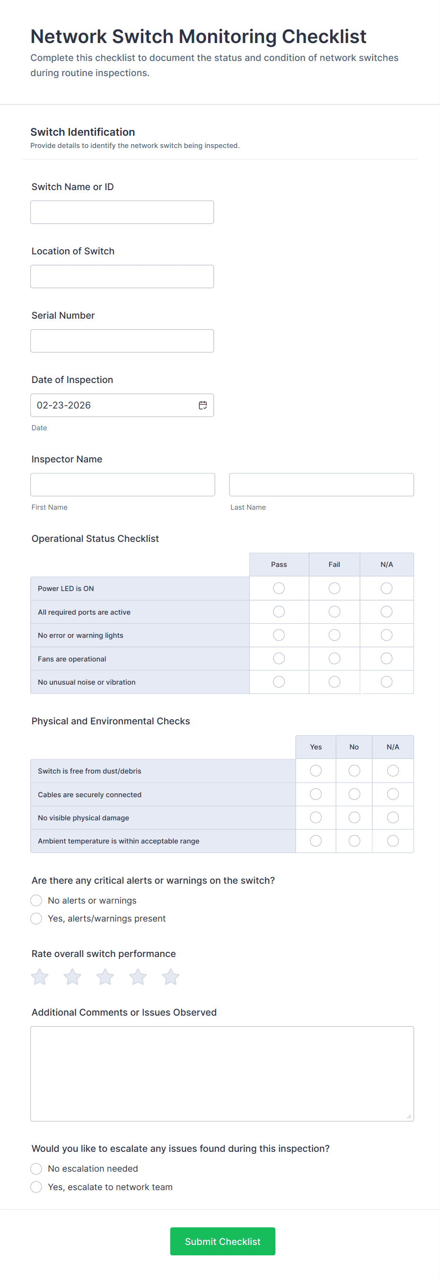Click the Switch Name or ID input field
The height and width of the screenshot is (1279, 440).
tap(122, 212)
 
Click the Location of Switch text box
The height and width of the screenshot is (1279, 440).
tap(122, 277)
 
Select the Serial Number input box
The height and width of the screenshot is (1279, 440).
tap(122, 341)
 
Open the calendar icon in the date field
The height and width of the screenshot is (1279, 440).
tap(202, 405)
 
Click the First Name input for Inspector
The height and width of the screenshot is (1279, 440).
tap(122, 485)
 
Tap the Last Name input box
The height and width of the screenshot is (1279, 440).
tap(321, 485)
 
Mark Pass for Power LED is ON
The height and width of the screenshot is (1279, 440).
tap(279, 588)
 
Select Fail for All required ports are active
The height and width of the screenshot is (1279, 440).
tap(334, 612)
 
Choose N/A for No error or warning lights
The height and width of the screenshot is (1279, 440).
tap(387, 635)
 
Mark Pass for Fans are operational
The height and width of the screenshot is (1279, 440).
tap(279, 658)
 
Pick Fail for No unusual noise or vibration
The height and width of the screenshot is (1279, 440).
tap(334, 682)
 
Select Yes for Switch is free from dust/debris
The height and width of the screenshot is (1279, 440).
tap(316, 771)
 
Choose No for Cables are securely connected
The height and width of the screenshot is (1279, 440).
tap(354, 794)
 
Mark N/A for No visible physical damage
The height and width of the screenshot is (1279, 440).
tap(393, 817)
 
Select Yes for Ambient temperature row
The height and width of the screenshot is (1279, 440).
tap(316, 841)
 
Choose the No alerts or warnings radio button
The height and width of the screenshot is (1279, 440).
tap(36, 901)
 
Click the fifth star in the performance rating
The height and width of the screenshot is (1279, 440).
tap(170, 977)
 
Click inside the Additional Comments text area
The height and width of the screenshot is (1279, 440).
tap(221, 1073)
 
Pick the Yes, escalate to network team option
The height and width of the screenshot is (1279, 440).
tap(36, 1187)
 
